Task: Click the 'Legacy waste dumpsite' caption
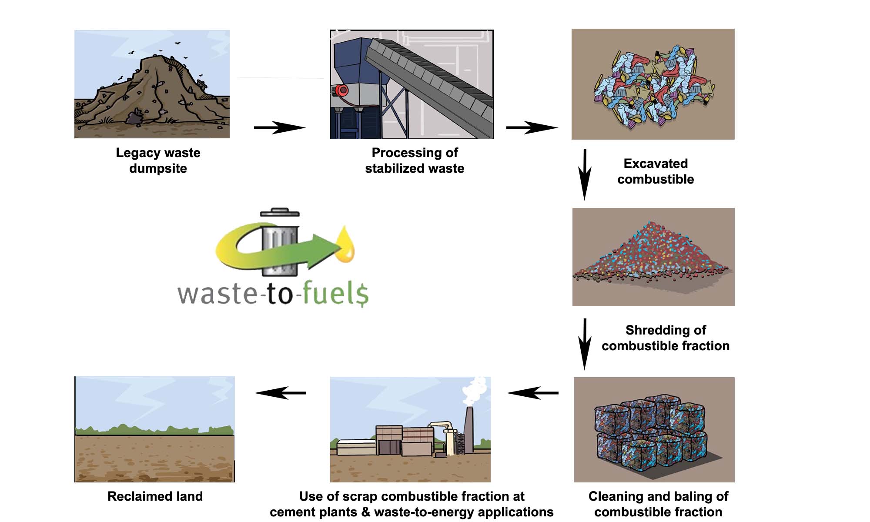pyautogui.click(x=158, y=161)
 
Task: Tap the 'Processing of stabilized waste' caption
pyautogui.click(x=415, y=161)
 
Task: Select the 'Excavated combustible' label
pyautogui.click(x=656, y=171)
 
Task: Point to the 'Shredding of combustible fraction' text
pyautogui.click(x=666, y=338)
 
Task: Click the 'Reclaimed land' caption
pyautogui.click(x=155, y=496)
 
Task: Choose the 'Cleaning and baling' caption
pyautogui.click(x=658, y=504)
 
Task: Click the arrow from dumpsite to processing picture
pyautogui.click(x=280, y=127)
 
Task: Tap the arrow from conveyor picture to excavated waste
pyautogui.click(x=532, y=127)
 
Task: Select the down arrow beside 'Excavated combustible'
pyautogui.click(x=585, y=174)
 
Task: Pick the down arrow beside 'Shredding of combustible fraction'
pyautogui.click(x=585, y=344)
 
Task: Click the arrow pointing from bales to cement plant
pyautogui.click(x=532, y=393)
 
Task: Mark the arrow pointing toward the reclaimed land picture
pyautogui.click(x=281, y=393)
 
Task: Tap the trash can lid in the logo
pyautogui.click(x=280, y=212)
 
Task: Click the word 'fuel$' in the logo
pyautogui.click(x=335, y=293)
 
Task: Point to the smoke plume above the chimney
pyautogui.click(x=475, y=390)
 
